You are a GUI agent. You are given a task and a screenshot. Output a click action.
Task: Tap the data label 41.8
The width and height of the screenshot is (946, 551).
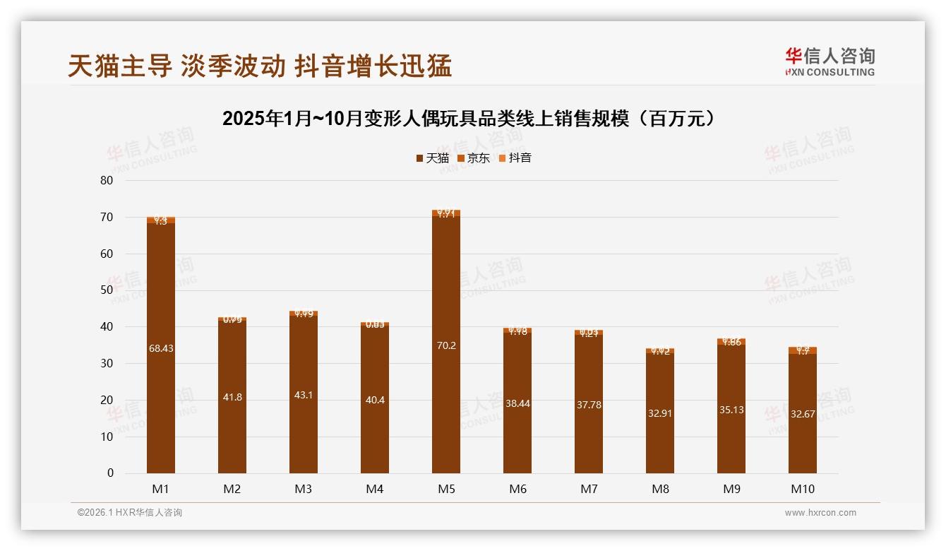[232, 397]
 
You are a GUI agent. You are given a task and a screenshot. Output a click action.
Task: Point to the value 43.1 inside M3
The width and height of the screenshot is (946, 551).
[304, 395]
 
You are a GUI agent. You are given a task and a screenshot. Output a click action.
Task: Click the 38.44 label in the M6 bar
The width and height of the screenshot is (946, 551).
[517, 403]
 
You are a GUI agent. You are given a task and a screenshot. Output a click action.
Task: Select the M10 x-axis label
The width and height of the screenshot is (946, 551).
[802, 489]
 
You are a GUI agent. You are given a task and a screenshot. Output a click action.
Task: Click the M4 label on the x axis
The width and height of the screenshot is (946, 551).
[375, 489]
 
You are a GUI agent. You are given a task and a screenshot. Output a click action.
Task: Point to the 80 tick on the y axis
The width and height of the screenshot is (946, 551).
[107, 180]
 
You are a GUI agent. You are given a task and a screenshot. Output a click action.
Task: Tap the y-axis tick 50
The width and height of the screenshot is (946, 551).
[107, 290]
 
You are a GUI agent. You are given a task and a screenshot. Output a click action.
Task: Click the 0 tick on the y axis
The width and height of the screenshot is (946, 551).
[110, 473]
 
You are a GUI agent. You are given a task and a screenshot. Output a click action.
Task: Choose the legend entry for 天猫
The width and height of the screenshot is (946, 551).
[432, 158]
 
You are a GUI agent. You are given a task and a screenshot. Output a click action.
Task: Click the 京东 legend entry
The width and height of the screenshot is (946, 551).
[474, 158]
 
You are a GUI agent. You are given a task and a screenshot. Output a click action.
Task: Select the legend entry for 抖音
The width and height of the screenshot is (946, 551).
[515, 158]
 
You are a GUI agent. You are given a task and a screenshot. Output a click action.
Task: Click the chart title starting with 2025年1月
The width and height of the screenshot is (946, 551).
[472, 119]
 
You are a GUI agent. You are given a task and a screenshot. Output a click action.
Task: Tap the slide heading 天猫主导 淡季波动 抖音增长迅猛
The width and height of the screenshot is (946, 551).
[260, 66]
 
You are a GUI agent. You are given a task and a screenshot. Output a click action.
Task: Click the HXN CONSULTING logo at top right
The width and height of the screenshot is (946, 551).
[830, 61]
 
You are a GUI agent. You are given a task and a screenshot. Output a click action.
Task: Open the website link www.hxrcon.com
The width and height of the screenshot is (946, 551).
[820, 513]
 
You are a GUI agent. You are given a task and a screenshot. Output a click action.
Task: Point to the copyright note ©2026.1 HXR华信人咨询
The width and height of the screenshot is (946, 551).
[130, 513]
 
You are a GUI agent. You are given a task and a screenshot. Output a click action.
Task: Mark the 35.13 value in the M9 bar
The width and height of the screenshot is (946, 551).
[731, 410]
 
